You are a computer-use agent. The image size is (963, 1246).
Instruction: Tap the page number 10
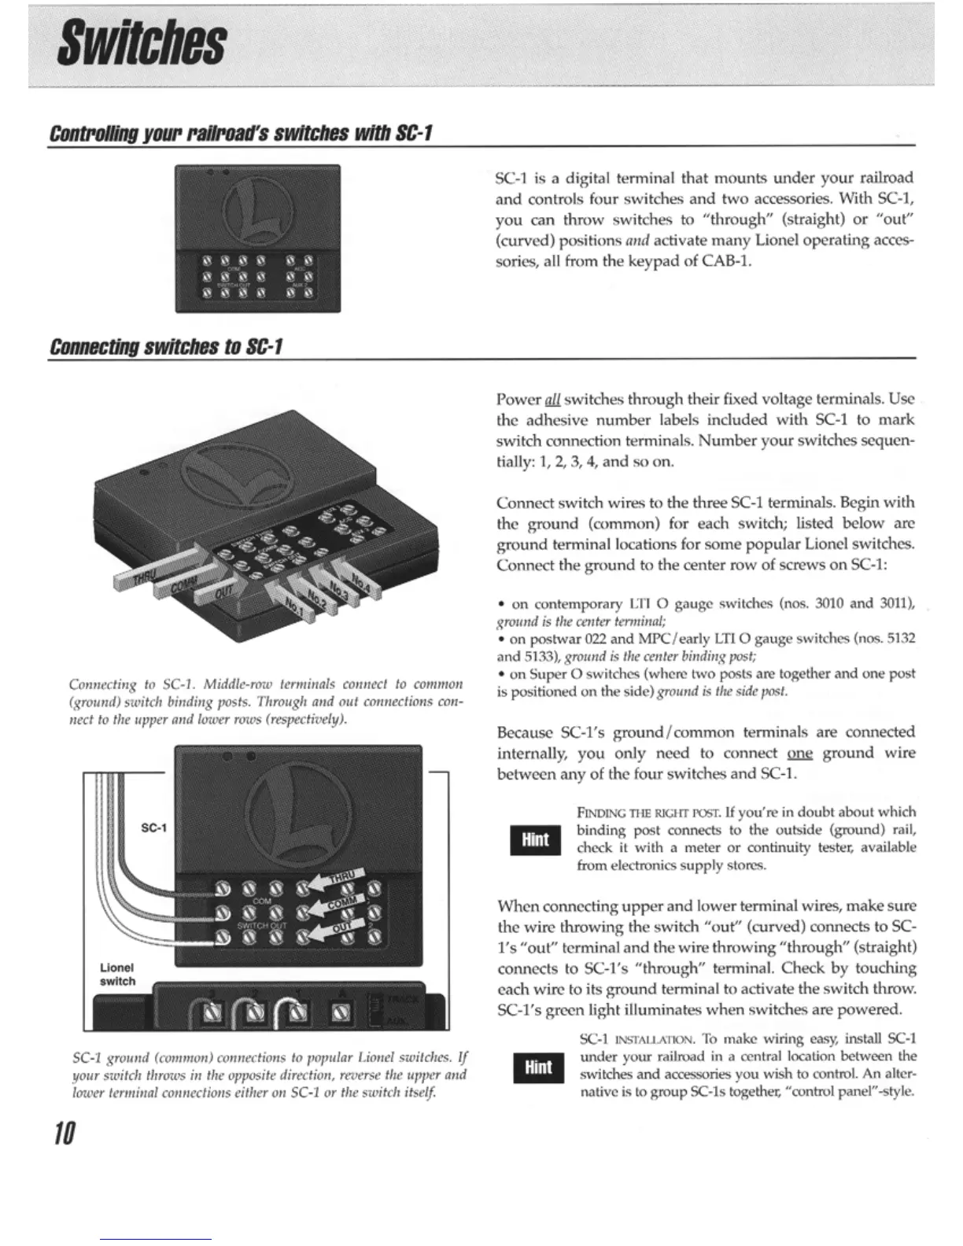[x=65, y=1134]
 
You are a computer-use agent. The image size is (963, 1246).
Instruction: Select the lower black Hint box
[x=538, y=1067]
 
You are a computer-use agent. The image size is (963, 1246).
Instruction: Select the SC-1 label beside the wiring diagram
[x=153, y=828]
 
